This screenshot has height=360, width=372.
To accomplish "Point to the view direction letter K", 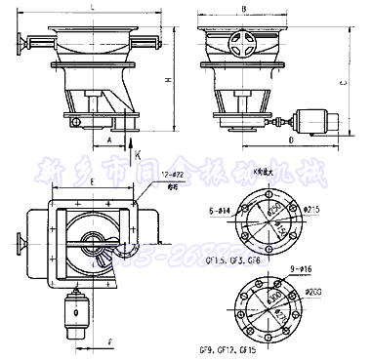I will tap(138, 153).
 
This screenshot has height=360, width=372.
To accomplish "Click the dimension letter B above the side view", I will tap(242, 8).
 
